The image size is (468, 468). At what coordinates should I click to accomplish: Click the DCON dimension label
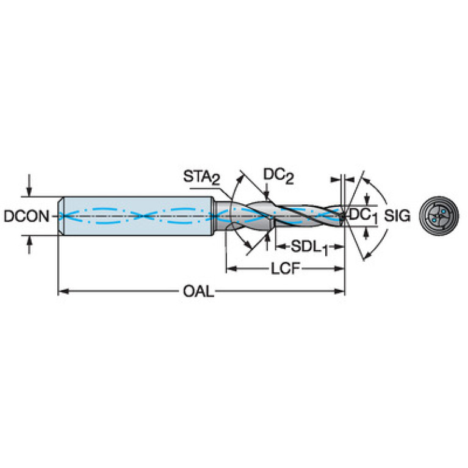tap(26, 216)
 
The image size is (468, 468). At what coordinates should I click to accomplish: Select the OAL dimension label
tap(198, 291)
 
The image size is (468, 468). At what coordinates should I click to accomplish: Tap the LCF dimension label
tap(285, 268)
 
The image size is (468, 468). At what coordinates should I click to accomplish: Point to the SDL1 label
tap(309, 248)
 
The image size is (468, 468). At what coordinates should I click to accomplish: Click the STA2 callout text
tap(201, 177)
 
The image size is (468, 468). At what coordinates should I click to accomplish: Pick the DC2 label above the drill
tap(278, 176)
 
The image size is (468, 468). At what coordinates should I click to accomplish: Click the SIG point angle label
tap(397, 215)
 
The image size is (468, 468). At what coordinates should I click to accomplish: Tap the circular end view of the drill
tap(439, 215)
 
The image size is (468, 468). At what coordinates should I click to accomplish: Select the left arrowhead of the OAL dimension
tap(63, 291)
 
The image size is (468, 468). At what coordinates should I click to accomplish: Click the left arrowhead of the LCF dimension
tap(232, 268)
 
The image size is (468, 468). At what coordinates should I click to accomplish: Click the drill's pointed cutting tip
tap(344, 216)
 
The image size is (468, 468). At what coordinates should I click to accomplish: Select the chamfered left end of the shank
tap(60, 216)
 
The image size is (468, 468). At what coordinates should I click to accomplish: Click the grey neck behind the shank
tap(222, 216)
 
